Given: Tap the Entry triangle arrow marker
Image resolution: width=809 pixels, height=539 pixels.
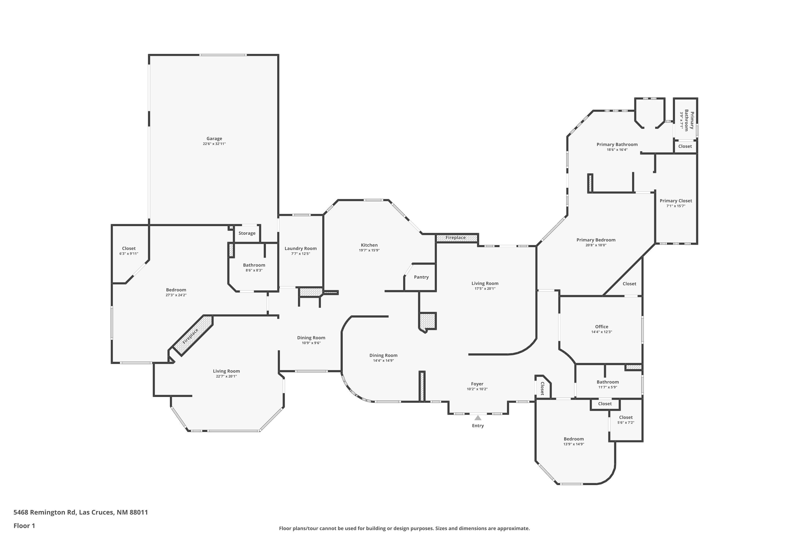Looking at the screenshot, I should [x=478, y=418].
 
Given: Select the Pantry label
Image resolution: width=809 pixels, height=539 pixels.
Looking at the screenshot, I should [x=421, y=277].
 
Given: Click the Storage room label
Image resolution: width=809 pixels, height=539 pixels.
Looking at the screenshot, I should [x=247, y=233].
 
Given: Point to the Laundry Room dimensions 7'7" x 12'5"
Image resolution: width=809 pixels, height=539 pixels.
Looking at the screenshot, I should [x=300, y=254].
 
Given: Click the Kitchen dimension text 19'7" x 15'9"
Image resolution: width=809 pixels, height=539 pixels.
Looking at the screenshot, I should [x=369, y=250].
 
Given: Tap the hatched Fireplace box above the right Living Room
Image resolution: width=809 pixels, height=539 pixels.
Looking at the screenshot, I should [x=457, y=237].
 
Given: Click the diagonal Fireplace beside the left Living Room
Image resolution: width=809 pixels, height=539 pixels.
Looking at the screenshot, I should [x=193, y=335].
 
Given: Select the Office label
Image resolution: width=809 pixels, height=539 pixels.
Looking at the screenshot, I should [x=602, y=327].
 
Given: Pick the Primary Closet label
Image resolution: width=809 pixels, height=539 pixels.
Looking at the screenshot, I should [x=676, y=201].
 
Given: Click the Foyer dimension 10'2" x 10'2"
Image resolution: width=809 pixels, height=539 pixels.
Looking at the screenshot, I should [x=477, y=389].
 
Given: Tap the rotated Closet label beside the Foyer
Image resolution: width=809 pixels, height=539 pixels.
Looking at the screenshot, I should [x=542, y=388].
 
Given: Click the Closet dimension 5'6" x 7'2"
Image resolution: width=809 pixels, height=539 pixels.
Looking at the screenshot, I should [x=626, y=423].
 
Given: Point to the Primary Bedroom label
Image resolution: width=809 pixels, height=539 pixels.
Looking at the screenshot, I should [x=596, y=240].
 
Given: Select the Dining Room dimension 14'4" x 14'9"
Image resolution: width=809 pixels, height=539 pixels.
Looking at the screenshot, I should [x=383, y=361].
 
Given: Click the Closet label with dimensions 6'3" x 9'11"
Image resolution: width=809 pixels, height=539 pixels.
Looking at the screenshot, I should [x=129, y=248].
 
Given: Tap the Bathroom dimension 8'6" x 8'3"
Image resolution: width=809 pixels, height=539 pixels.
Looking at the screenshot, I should [x=254, y=270].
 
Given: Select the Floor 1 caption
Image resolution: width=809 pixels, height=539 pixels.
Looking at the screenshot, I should [x=24, y=526].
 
